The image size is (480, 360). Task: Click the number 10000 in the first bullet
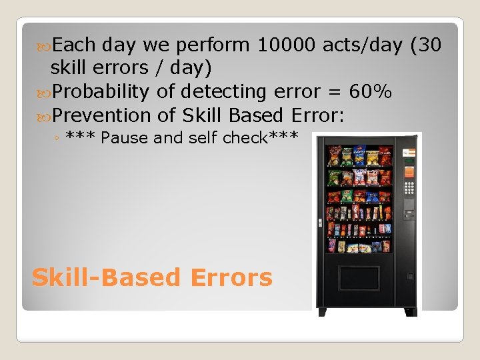[287, 45]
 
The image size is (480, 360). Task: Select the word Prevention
[101, 115]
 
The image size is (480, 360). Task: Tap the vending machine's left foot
[323, 311]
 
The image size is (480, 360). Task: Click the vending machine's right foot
[410, 311]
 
